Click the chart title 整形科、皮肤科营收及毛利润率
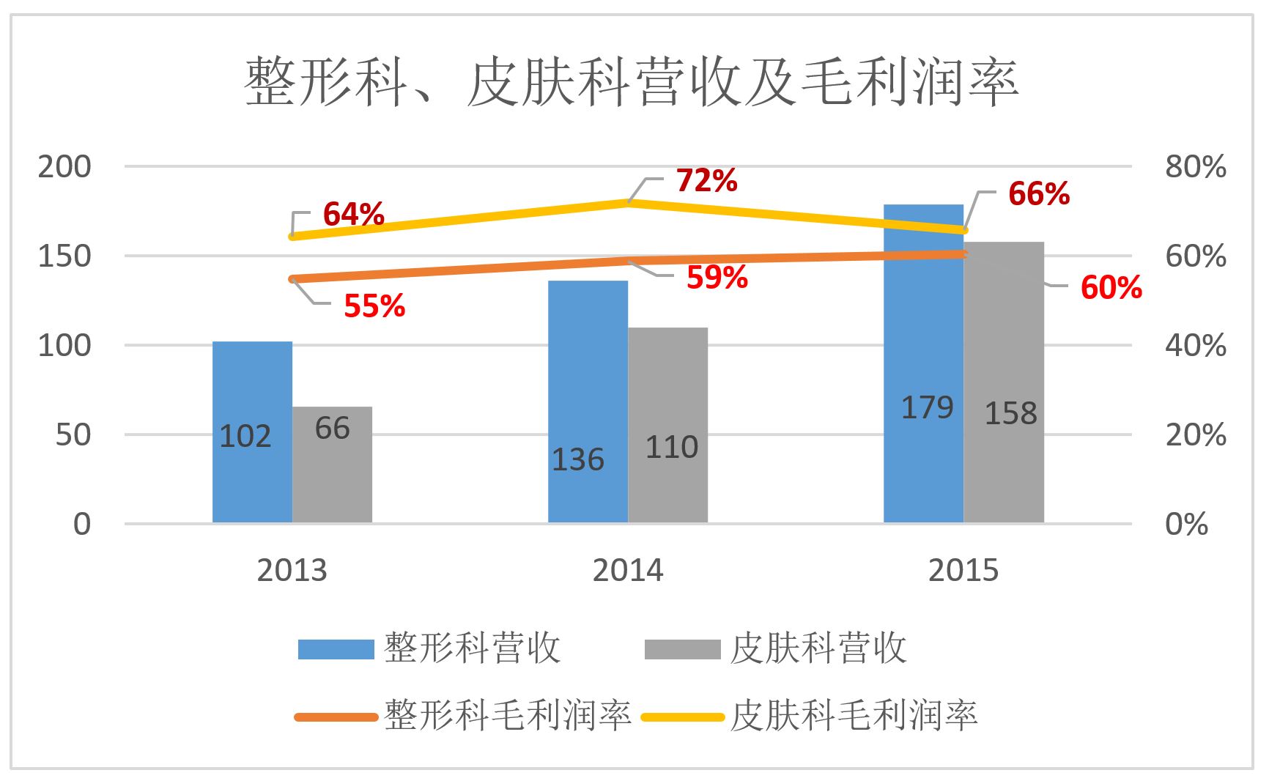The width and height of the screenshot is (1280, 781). [x=632, y=84]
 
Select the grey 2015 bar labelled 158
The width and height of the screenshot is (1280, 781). [x=1004, y=381]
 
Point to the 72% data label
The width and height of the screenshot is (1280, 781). [x=706, y=181]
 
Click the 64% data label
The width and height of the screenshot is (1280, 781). [x=353, y=215]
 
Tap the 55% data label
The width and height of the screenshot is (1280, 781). [x=374, y=306]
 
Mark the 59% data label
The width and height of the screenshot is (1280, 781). [x=717, y=278]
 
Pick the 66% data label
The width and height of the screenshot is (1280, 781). [x=1038, y=194]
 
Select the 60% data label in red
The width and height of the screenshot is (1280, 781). [x=1111, y=288]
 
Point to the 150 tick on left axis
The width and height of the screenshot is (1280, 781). [x=64, y=256]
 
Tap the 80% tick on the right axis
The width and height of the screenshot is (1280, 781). [x=1195, y=167]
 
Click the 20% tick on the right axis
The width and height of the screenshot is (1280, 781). [x=1195, y=435]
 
